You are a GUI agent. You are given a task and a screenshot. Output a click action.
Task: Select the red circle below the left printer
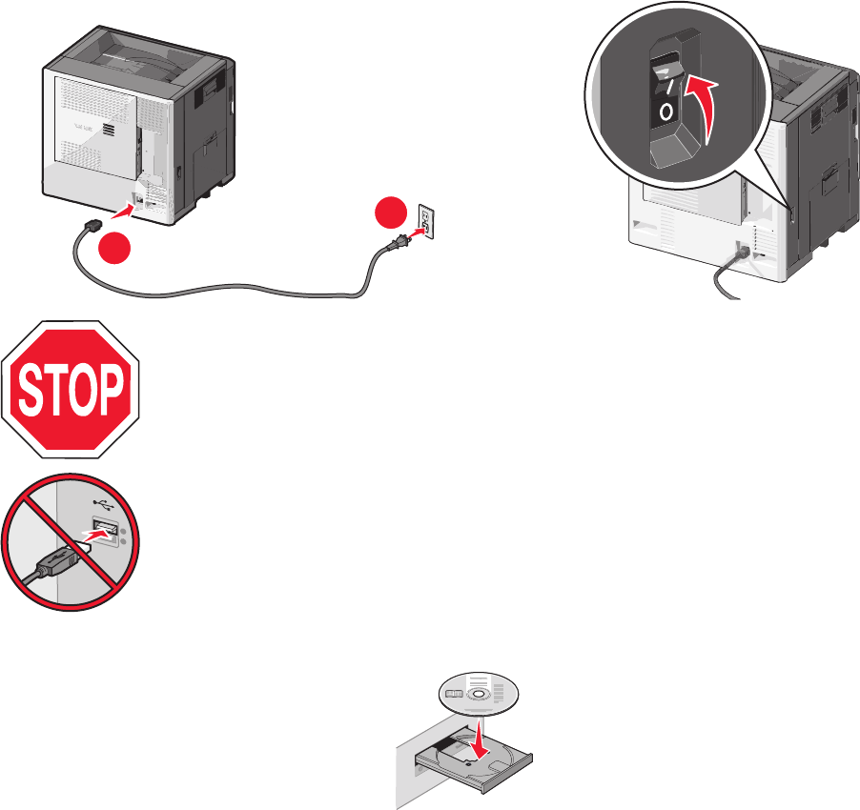pyautogui.click(x=113, y=250)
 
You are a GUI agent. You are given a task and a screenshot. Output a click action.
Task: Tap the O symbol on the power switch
pyautogui.click(x=665, y=111)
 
